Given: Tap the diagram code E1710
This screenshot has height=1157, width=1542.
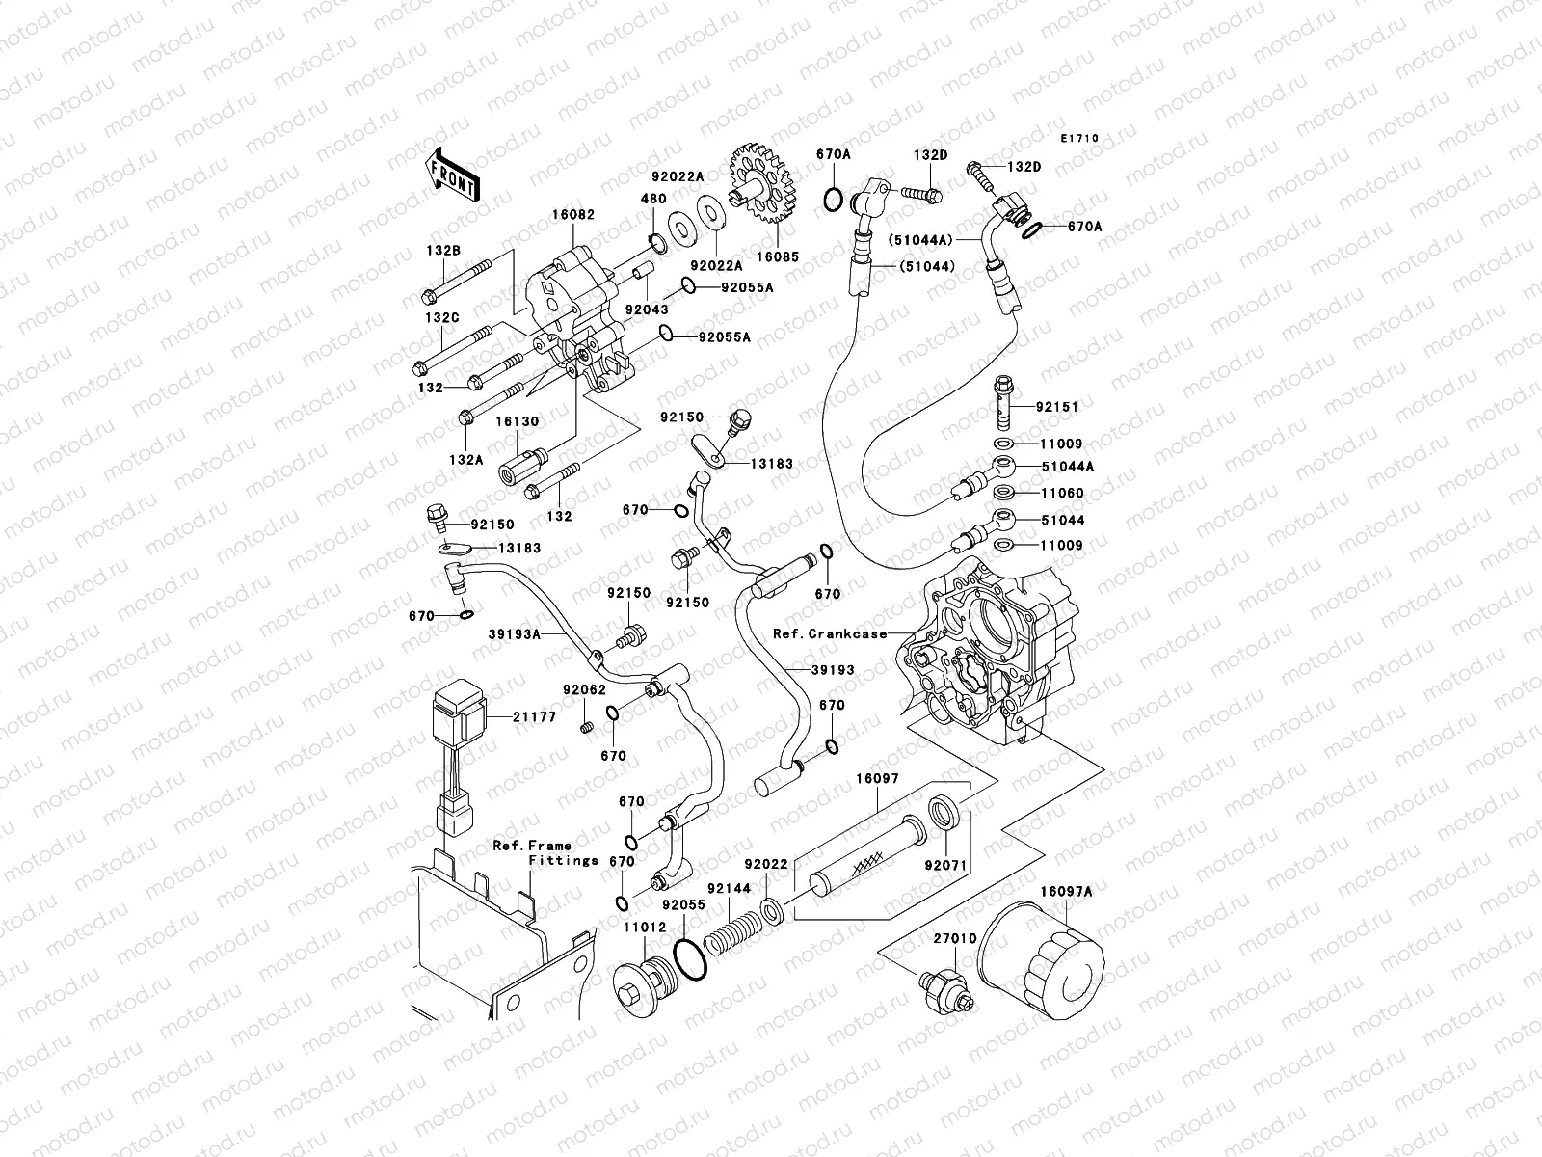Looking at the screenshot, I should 1079,139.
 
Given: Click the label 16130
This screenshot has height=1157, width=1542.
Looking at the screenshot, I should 518,421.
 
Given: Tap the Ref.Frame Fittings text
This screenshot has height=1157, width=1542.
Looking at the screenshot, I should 545,852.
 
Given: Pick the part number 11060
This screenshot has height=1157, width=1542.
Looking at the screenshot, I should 1062,493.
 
